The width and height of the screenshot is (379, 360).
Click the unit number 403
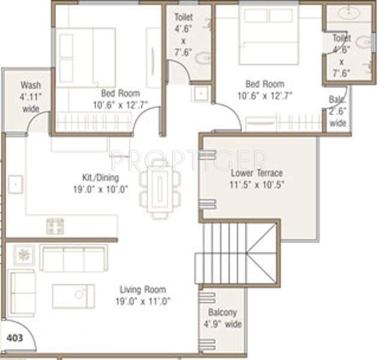point(14,338)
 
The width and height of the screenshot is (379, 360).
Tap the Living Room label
point(142,289)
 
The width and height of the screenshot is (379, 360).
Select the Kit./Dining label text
point(101,178)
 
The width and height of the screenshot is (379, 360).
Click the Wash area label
point(31,85)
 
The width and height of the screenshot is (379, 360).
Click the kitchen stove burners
point(55,226)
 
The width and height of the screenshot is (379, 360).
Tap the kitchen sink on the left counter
point(16,184)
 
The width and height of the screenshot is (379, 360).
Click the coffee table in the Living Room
point(73,296)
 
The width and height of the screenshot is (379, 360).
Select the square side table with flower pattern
point(25,255)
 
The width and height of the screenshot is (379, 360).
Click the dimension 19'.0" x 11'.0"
point(142,301)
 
